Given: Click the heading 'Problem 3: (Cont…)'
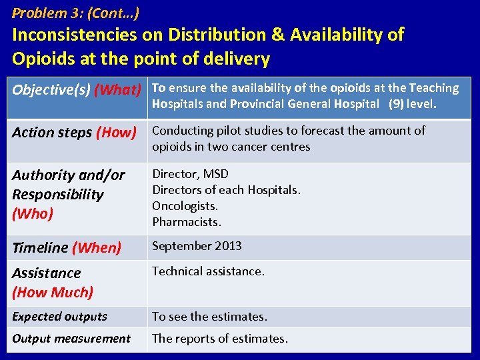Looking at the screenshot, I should tap(75, 13).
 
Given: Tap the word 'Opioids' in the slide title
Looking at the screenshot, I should tap(43, 59).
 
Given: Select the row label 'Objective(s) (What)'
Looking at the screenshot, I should tap(77, 90).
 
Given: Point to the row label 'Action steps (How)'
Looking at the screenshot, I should tap(74, 133).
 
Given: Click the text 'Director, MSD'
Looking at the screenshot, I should tap(190, 174).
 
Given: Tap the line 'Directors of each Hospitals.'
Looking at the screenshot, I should tap(226, 190).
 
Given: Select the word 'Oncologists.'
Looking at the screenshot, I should tap(185, 206).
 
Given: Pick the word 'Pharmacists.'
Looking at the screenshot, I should tap(187, 222).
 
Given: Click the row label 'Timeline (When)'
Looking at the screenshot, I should tap(67, 248).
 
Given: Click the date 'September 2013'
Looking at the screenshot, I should tap(197, 246).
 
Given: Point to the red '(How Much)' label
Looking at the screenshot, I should tap(53, 292).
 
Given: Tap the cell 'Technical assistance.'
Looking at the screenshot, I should tap(208, 271).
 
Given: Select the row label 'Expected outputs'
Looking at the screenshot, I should tap(59, 317).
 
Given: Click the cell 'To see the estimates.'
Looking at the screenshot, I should tap(209, 317).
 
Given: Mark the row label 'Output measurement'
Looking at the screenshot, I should tap(71, 339).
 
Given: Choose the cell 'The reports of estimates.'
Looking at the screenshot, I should tap(220, 339).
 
